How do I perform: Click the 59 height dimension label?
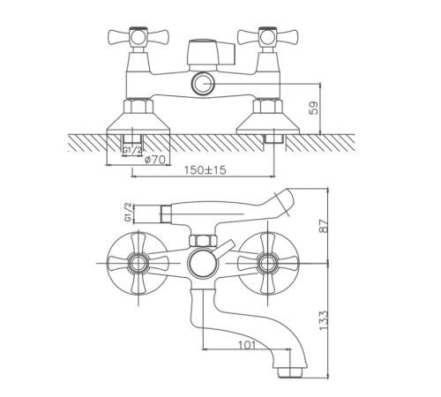point(314,108)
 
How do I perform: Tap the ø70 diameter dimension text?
point(155,160)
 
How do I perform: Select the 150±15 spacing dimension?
point(206,170)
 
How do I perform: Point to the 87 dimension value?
point(324,226)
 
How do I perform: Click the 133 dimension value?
point(324,320)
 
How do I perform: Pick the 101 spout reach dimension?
point(246,345)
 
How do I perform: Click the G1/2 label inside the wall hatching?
point(132,150)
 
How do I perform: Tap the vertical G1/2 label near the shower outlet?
point(128,213)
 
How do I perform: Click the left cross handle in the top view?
point(138,38)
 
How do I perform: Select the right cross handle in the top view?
point(267,38)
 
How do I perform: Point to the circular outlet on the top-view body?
point(204,84)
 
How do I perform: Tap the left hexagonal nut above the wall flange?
point(138,107)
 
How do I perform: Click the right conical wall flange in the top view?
point(267,124)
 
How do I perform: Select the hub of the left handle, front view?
point(138,263)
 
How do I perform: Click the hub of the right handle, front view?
point(267,263)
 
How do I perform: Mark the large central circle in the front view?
point(203,263)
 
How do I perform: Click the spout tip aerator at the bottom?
point(291,371)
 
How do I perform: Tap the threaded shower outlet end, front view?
point(167,213)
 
